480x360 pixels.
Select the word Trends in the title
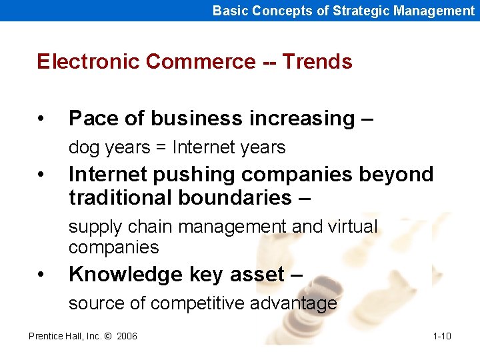(x=317, y=61)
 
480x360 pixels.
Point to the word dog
(x=83, y=147)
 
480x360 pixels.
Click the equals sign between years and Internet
(x=161, y=147)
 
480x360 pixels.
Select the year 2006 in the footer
(x=127, y=336)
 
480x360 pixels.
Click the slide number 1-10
(x=441, y=336)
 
